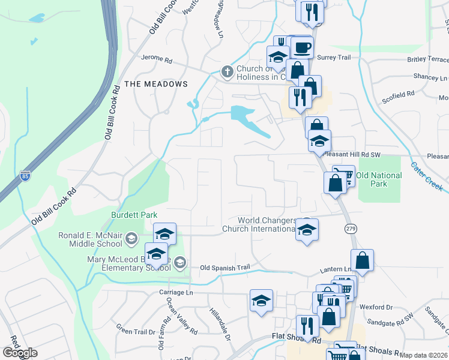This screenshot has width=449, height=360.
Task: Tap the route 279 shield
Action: click(351, 228)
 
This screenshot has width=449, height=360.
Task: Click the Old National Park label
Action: click(379, 179)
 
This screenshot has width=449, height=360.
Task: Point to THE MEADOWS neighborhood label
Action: click(155, 84)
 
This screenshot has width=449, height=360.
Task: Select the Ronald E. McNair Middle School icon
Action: click(130, 241)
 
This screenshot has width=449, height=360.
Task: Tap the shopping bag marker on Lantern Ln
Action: click(362, 260)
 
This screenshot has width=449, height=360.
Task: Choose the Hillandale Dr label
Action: click(220, 324)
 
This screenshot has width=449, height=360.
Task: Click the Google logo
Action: click(20, 353)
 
